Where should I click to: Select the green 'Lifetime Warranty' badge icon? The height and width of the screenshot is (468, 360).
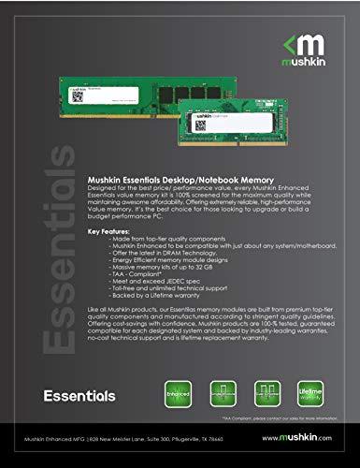click(x=310, y=394)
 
